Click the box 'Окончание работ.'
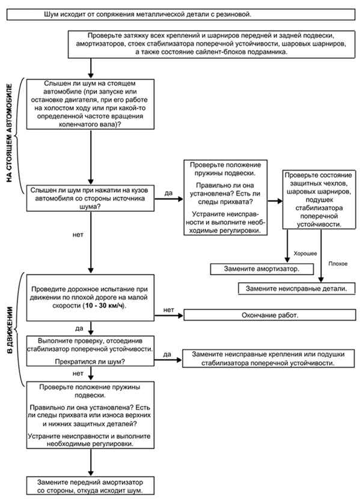(x=269, y=315)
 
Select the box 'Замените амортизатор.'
(x=262, y=269)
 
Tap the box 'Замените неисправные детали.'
(x=297, y=289)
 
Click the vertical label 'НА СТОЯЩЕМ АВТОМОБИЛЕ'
(x=9, y=133)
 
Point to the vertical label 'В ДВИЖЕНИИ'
(x=10, y=330)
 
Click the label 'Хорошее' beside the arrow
(x=305, y=253)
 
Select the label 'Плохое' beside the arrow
(x=338, y=264)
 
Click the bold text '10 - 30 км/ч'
(x=104, y=306)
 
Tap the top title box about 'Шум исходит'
(x=181, y=14)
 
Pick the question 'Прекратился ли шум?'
(x=90, y=361)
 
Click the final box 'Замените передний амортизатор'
(x=90, y=486)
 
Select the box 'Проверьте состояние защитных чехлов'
(x=319, y=199)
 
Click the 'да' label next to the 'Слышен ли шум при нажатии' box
(x=168, y=193)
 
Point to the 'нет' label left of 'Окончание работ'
(x=168, y=310)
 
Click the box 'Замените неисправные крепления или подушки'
(x=268, y=358)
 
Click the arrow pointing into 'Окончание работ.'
(x=169, y=315)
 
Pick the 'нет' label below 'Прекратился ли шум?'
(x=78, y=373)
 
